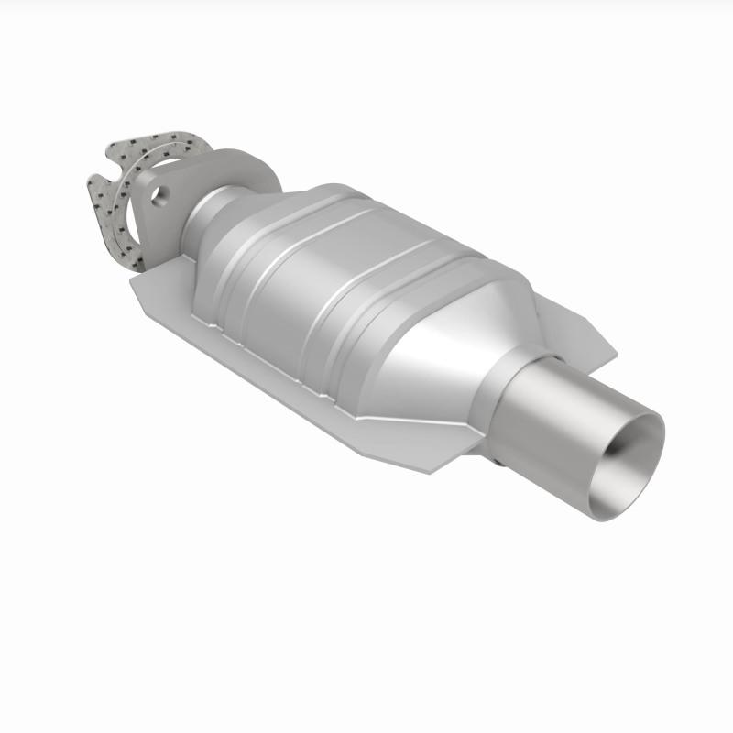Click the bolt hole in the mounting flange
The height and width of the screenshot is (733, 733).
tap(161, 194)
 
